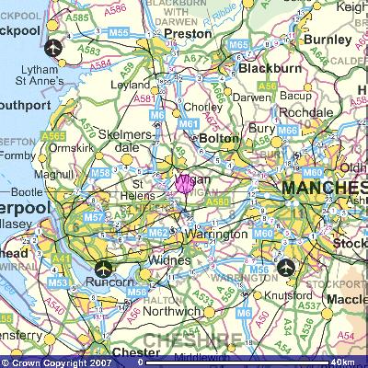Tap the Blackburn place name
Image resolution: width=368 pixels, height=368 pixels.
270,68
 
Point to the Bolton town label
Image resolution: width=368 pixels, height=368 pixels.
219,138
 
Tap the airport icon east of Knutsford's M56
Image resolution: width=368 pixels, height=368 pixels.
287,269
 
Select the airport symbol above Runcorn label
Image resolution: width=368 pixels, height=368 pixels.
103,270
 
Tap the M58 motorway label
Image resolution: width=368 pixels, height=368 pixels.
100,172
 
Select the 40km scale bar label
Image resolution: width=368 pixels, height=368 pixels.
343,362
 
